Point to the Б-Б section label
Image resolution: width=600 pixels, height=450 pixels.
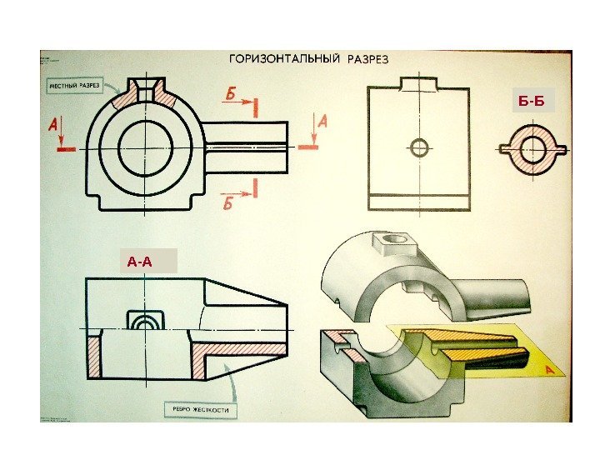point(531,102)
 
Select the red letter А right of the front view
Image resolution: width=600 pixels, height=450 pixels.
point(322,122)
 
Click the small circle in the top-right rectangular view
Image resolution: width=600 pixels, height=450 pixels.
point(419,148)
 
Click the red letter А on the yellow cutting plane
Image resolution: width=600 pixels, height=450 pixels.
point(550,369)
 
